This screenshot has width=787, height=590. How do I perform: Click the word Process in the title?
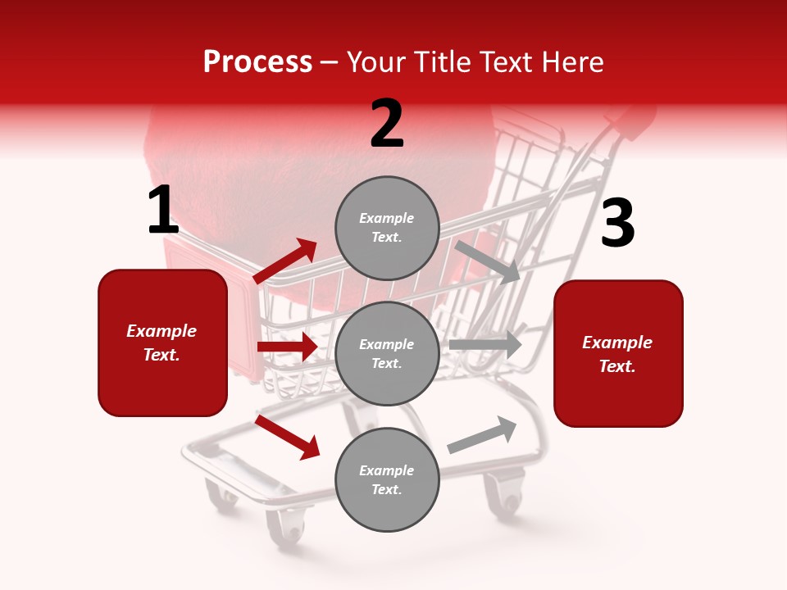point(257,61)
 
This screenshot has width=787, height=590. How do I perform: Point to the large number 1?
point(163,211)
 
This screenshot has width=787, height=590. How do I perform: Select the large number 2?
point(387,124)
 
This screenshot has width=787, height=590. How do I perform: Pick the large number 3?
point(617,223)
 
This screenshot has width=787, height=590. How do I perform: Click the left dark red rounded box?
point(162,343)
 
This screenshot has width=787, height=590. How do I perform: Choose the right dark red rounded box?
point(618,354)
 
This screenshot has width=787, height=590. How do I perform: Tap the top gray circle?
point(387,228)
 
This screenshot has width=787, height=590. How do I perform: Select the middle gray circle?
point(387,353)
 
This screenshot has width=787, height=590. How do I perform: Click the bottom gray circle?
point(387,479)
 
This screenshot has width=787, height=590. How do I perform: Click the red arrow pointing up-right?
point(285,261)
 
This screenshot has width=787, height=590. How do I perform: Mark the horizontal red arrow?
point(287,347)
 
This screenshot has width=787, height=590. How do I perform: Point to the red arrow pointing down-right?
point(287,436)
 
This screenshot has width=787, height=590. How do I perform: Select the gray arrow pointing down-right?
point(488,261)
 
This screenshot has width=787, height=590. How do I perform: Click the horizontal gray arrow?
point(485,344)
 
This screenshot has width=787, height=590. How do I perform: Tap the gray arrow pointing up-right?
point(482,434)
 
